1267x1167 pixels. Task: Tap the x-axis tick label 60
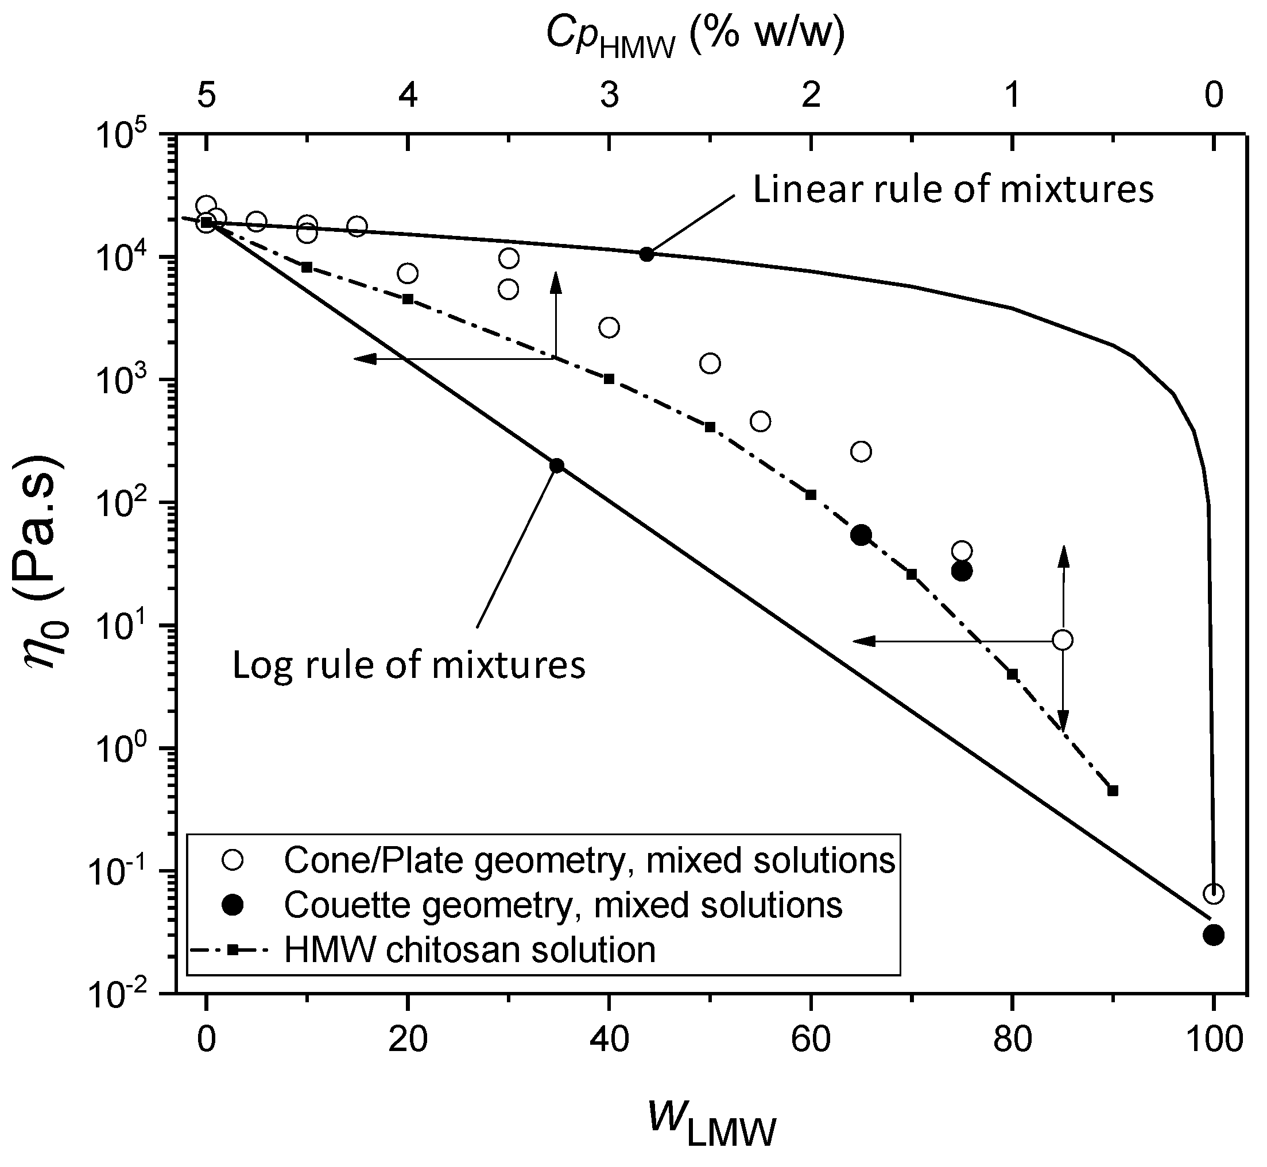[x=811, y=1039]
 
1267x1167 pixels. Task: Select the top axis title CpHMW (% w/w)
[x=695, y=37]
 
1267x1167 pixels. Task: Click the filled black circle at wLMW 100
[x=1213, y=935]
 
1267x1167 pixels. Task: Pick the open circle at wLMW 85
[x=1063, y=641]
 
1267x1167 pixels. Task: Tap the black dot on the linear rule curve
[x=646, y=254]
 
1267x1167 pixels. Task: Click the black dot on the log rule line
[x=556, y=466]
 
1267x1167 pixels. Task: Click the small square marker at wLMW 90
[x=1113, y=790]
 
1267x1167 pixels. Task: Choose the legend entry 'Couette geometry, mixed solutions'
[x=562, y=905]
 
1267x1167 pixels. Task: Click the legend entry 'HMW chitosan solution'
[x=469, y=950]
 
